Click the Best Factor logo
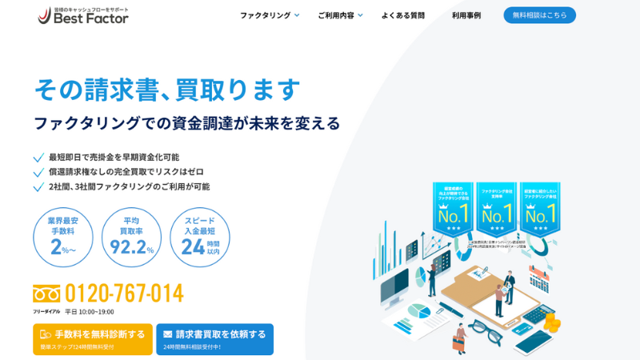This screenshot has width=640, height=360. click(83, 15)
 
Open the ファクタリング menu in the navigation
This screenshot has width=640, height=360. click(270, 15)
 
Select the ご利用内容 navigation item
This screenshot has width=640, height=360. click(340, 15)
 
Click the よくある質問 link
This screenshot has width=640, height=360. click(403, 15)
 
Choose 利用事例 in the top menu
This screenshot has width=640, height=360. click(466, 15)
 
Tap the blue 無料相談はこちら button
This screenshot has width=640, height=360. click(539, 15)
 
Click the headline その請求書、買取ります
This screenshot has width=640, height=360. click(167, 89)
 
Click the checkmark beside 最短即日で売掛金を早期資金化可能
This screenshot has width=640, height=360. click(38, 158)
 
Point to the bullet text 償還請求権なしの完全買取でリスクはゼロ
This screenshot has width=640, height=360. click(126, 172)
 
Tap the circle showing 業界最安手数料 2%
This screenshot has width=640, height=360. click(62, 238)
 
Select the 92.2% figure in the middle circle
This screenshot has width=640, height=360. click(131, 247)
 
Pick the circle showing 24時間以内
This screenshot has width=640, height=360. click(200, 238)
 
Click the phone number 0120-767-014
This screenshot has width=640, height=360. click(124, 294)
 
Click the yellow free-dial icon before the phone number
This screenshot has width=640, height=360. click(46, 294)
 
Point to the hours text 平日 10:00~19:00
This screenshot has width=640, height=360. click(90, 312)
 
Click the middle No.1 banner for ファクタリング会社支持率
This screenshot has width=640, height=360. click(496, 210)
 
